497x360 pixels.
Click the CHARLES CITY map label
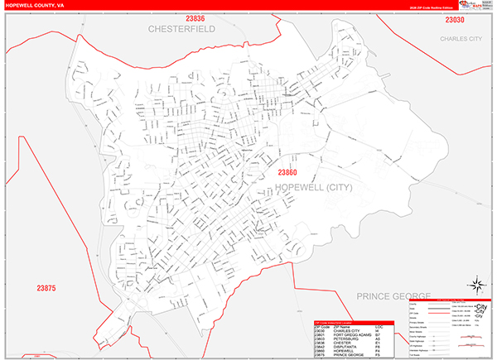coord(461,38)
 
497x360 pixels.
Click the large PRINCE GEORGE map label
coord(393,295)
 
